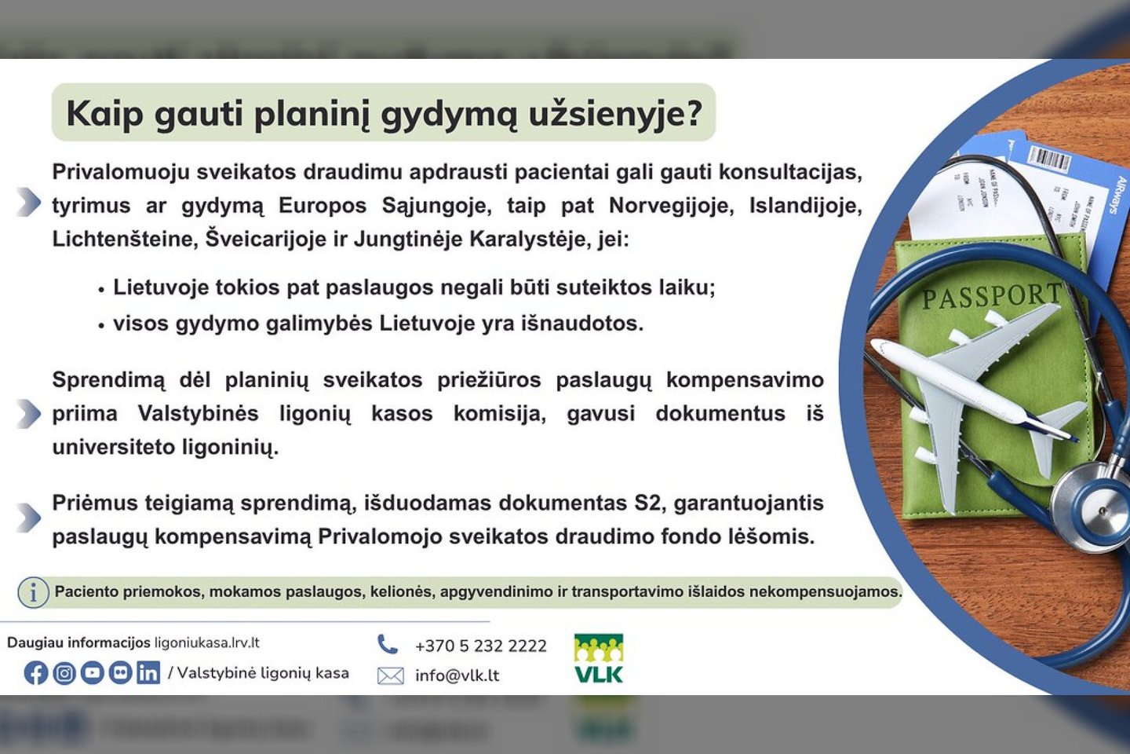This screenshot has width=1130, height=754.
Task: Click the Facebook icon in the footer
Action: tap(36, 673)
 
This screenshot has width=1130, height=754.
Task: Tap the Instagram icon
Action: tap(64, 673)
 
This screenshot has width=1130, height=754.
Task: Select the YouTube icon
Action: tap(93, 673)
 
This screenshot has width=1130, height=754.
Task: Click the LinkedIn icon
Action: tap(148, 673)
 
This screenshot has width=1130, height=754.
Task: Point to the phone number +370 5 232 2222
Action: tap(480, 646)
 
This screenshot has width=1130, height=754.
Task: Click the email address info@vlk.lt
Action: tap(457, 675)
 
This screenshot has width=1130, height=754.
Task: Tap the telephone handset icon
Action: tap(388, 644)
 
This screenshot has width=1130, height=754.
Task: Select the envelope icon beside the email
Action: tap(390, 675)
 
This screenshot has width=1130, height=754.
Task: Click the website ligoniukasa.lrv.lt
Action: tap(207, 642)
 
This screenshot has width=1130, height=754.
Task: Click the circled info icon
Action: tap(33, 592)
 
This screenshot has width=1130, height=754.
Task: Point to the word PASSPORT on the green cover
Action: tap(990, 297)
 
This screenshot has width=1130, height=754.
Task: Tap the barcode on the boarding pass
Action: tap(1049, 159)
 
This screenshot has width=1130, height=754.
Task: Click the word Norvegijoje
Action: tap(671, 206)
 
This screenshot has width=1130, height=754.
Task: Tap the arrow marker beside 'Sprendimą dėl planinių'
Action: tap(28, 413)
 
